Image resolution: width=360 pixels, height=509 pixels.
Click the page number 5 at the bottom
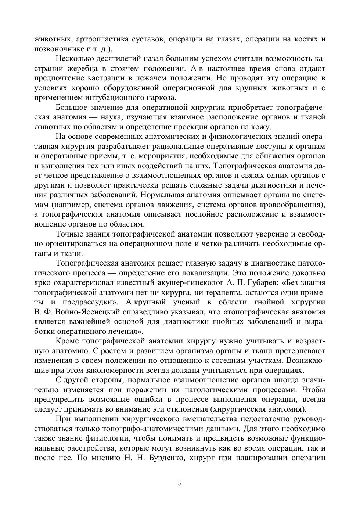[180, 483]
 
